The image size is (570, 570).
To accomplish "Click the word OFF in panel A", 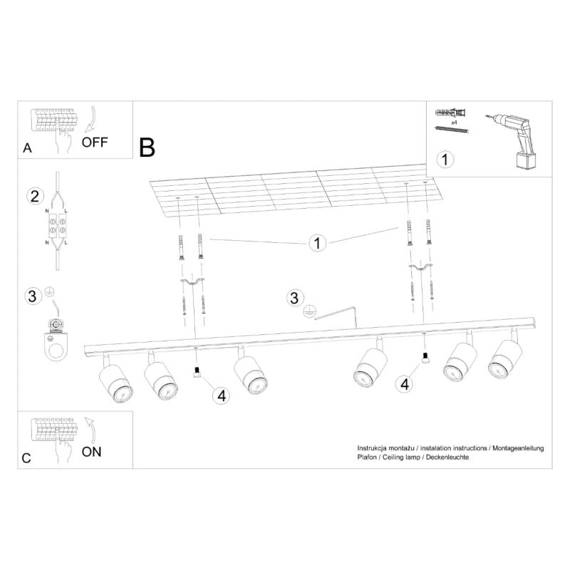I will pos(95,141).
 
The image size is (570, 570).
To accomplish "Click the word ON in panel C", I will pos(93,451).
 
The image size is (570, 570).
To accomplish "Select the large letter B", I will pos(147,147).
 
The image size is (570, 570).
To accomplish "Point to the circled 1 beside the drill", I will pos(445,159).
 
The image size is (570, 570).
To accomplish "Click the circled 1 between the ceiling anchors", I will pos(317,244).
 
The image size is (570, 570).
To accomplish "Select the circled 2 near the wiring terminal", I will pos(33,196).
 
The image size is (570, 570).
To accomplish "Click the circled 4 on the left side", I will pos(222,395).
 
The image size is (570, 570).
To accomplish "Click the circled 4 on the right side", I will pos(405,385).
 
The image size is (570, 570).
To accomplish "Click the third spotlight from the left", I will pos(249,373).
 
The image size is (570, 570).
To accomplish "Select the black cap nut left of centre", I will pos(196,373).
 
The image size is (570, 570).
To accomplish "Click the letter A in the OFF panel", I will pos(27,148).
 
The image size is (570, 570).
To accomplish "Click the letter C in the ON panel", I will pos(26,458).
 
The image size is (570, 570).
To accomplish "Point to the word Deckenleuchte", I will pos(448,457).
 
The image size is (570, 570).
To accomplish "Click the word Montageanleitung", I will pos(518,447).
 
